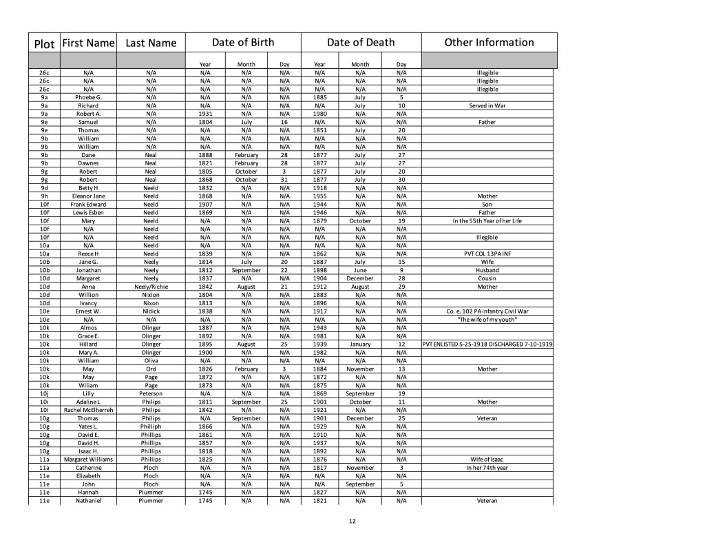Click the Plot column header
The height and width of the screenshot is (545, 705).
44,44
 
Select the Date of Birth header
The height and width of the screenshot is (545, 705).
242,43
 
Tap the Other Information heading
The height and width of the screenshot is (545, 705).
489,43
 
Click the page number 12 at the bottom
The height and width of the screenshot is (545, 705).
352,522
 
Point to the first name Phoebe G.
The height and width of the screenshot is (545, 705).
88,97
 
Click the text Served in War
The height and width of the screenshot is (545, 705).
487,105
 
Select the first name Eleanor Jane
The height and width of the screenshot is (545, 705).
88,196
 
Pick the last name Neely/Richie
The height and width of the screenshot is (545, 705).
151,287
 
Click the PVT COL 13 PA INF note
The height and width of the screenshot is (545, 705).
487,254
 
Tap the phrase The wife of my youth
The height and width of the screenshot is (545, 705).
487,320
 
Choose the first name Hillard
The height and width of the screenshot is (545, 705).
88,344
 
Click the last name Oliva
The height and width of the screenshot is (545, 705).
151,360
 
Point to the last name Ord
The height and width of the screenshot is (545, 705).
151,369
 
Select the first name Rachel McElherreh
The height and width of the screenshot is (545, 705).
88,410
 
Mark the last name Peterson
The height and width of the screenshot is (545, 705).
151,393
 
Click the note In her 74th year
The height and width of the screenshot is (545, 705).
487,468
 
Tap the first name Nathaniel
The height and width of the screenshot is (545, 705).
88,501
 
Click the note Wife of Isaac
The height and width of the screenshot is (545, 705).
487,460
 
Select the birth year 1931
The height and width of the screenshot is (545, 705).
204,114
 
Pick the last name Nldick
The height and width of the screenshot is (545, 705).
151,311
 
